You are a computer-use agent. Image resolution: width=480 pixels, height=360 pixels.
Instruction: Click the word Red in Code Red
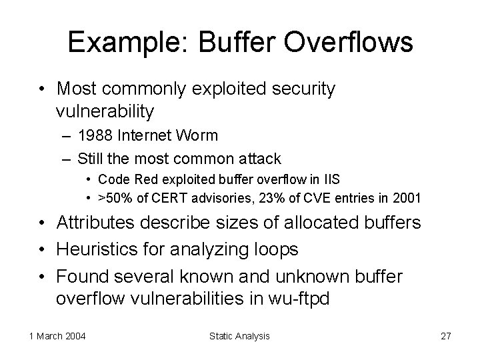139,179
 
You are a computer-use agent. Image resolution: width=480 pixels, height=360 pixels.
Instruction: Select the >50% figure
111,198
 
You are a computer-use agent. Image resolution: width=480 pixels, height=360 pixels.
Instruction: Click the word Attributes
95,222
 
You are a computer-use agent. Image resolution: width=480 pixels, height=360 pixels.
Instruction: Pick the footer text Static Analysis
240,336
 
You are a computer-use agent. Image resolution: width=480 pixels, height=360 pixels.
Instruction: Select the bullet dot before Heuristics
42,250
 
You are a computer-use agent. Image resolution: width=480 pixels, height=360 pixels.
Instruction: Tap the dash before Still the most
64,159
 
